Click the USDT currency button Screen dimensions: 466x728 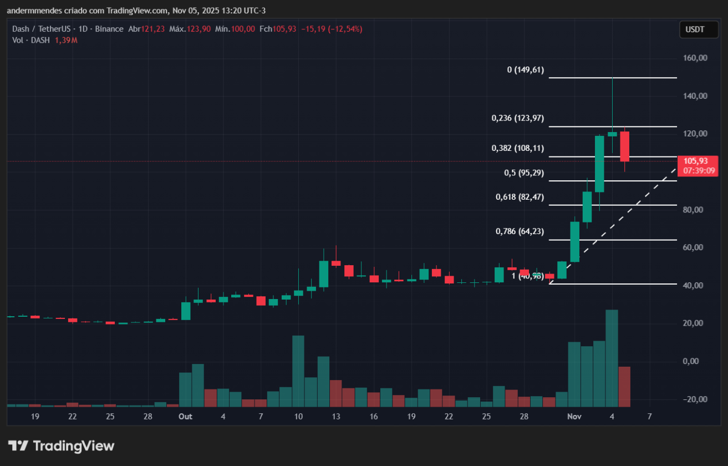pyautogui.click(x=695, y=29)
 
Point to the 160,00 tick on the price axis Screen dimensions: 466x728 pyautogui.click(x=695, y=58)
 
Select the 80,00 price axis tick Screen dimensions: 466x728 pyautogui.click(x=695, y=210)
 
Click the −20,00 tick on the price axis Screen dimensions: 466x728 pyautogui.click(x=694, y=399)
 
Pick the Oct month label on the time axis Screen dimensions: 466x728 pyautogui.click(x=185, y=416)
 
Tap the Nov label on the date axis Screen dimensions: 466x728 pyautogui.click(x=574, y=416)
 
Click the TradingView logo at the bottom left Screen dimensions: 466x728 pyautogui.click(x=61, y=445)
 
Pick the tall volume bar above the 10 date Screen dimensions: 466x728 pyautogui.click(x=298, y=371)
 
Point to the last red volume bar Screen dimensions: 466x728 pyautogui.click(x=624, y=387)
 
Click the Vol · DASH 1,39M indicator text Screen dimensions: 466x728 pyautogui.click(x=44, y=40)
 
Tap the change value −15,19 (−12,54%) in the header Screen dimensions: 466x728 pyautogui.click(x=332, y=29)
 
